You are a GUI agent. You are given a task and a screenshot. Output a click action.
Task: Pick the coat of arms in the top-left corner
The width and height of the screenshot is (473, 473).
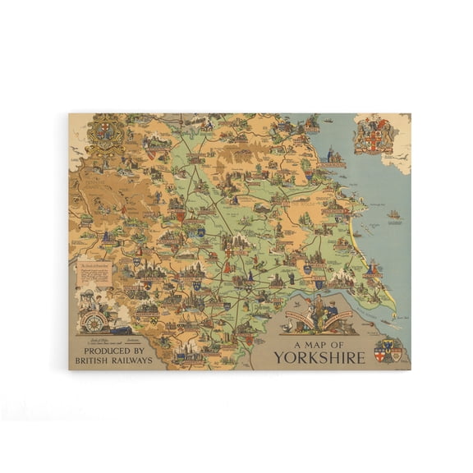(106, 134)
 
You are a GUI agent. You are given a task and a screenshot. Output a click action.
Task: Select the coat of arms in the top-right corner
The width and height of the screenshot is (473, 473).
(374, 135)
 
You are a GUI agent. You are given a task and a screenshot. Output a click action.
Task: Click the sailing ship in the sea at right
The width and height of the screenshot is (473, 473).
(394, 215)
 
